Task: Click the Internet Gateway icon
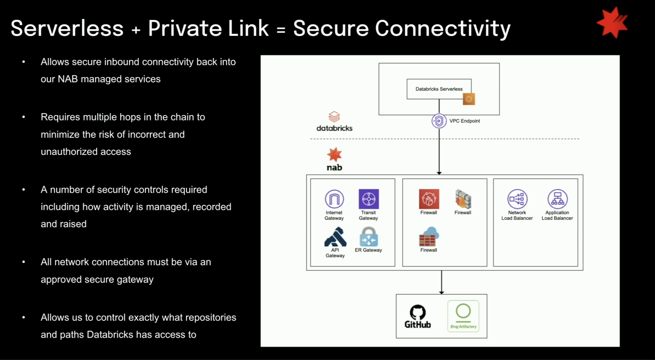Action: pos(334,199)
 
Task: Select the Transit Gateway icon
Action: pos(369,199)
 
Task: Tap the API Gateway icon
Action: pos(335,237)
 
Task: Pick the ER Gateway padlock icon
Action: pos(369,237)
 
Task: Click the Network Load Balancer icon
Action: pos(517,199)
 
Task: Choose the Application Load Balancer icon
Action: pos(557,199)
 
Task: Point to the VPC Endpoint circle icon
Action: pos(439,121)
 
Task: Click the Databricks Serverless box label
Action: pos(439,89)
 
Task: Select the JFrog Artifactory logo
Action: pos(463,316)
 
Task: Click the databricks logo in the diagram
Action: pos(334,122)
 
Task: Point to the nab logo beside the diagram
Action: pos(334,159)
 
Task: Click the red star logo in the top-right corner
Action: pos(612,23)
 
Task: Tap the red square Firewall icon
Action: pos(429,199)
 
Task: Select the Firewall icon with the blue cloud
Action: pos(429,237)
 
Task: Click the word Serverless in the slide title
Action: pos(67,28)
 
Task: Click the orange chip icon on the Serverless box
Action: pos(469,99)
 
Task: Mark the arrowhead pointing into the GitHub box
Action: pos(442,292)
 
